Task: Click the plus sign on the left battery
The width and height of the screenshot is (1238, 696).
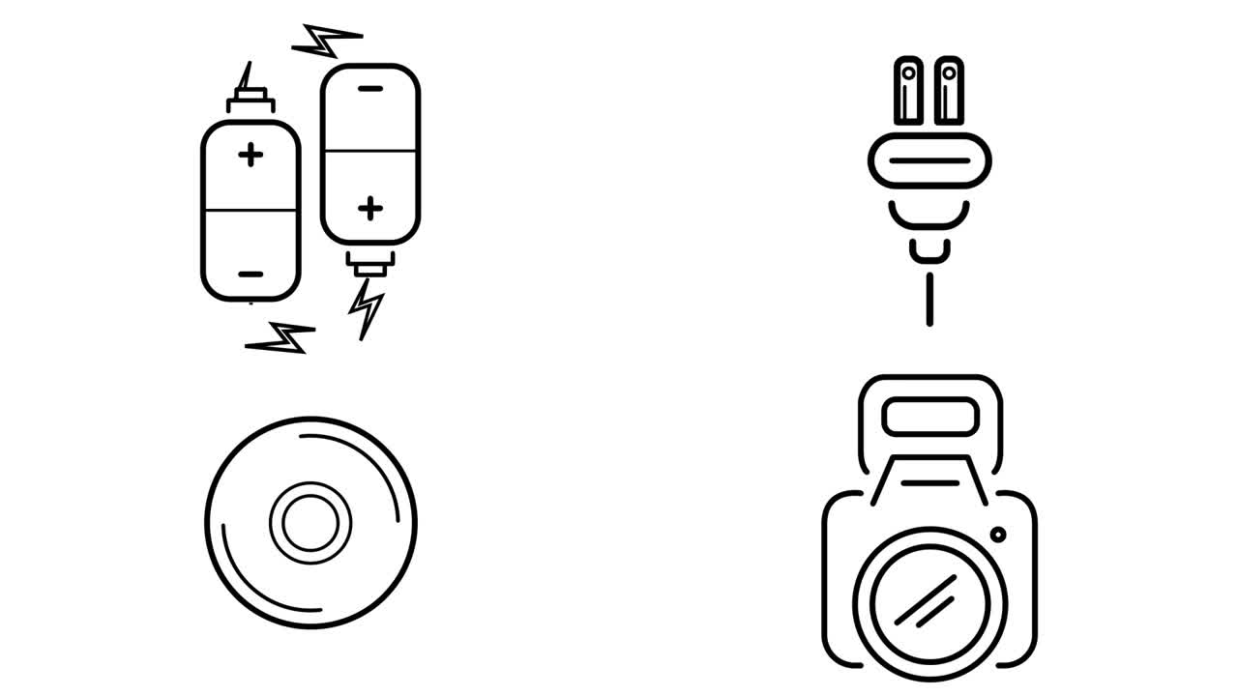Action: coord(251,155)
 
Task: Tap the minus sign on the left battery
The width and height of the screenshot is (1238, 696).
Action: coord(251,275)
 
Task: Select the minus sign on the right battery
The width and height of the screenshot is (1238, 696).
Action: coord(370,89)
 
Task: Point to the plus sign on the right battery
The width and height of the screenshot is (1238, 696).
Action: coord(369,208)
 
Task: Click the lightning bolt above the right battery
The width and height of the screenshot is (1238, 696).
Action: coord(327,41)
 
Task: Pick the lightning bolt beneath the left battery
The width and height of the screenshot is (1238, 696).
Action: coord(281,338)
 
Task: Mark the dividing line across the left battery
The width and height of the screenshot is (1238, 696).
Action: coord(251,210)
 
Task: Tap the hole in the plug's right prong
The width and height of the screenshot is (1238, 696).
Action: coord(949,72)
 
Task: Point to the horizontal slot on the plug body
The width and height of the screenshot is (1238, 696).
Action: coord(929,160)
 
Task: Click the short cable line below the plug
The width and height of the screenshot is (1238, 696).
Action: coord(929,299)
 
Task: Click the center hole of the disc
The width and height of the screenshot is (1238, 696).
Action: coord(310,522)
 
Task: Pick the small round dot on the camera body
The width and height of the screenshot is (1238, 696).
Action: coord(997,534)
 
